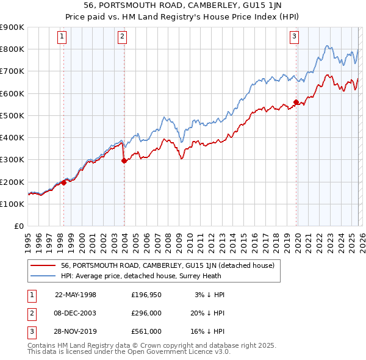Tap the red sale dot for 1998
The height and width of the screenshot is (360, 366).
click(63, 182)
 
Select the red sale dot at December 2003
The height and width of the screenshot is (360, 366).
click(124, 161)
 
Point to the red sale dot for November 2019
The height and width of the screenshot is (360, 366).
click(296, 102)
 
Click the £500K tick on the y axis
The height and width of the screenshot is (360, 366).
click(12, 115)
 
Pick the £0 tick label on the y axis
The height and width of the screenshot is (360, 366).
click(20, 226)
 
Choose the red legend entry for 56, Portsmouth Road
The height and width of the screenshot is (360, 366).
click(168, 265)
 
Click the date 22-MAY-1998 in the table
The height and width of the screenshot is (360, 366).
click(76, 295)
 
